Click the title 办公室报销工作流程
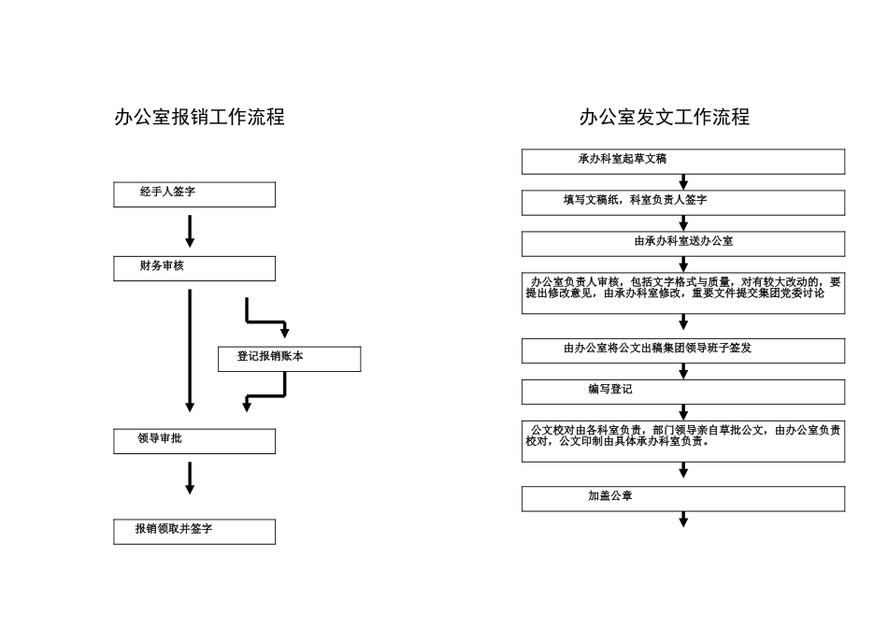(199, 118)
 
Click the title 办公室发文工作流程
(664, 118)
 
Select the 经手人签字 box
(194, 194)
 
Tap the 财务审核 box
(194, 268)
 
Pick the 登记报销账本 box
(290, 359)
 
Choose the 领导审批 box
(194, 441)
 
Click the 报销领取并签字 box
(194, 532)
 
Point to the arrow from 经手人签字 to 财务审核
(190, 231)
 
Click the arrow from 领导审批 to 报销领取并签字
(190, 477)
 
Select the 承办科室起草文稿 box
(682, 162)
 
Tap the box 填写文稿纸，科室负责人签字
(682, 203)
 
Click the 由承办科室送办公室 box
(682, 244)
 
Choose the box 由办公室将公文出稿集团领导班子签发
(682, 350)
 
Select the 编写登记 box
(682, 392)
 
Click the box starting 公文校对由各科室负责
(682, 441)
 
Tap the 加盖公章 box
(682, 499)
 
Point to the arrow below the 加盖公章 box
(683, 520)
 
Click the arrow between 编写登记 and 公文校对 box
(683, 412)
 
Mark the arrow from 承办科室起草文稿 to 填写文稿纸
(683, 182)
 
